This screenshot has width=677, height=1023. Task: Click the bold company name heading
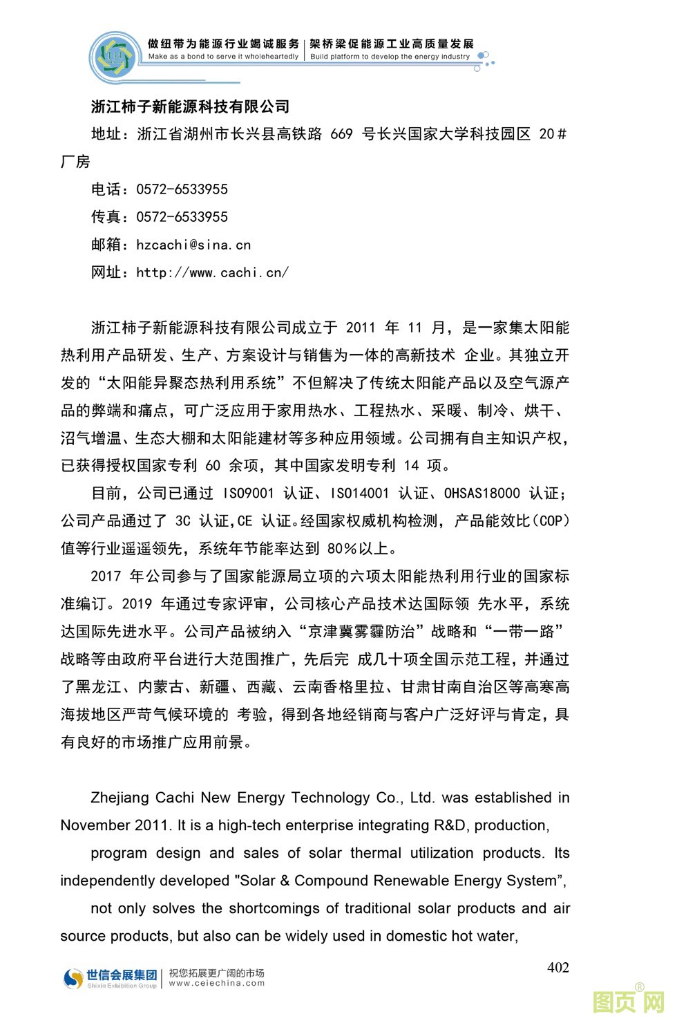point(190,106)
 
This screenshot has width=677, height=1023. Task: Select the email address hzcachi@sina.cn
point(193,245)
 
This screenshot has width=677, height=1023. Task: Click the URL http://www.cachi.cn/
point(212,272)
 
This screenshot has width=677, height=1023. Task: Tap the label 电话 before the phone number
point(106,189)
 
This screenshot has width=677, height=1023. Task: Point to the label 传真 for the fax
point(106,217)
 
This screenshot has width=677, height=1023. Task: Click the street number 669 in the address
point(341,134)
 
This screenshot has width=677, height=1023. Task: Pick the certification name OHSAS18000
point(481,494)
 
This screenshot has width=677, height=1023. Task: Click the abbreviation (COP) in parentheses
point(553,521)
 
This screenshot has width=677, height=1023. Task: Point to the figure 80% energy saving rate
point(343,549)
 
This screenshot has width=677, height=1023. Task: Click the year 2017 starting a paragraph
point(106,576)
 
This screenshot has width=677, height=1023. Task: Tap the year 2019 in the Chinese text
point(137,604)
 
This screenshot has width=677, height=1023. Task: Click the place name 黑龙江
point(99,687)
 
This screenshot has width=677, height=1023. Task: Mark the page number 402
point(557,968)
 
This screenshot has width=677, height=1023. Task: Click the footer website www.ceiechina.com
point(216,983)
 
